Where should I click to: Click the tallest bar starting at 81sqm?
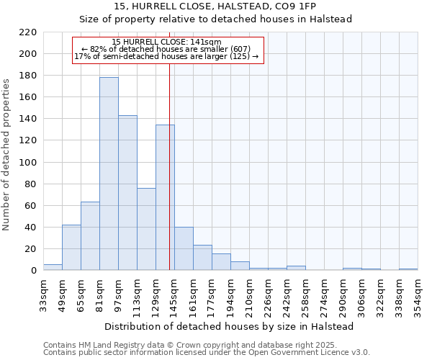coord(109,174)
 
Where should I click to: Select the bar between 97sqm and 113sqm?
coord(127,193)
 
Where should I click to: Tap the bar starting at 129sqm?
coord(165,197)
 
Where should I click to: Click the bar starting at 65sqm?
coord(90,236)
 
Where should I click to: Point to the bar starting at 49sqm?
coord(71,248)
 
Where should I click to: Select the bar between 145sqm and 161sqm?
coord(184,248)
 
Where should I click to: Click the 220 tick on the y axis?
coord(28,32)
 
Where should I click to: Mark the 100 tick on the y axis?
coord(28,163)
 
